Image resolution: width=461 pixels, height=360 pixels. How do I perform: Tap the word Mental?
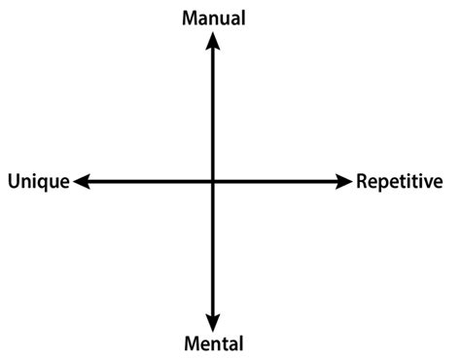coord(213,342)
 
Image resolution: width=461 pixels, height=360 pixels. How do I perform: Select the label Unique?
coord(38,182)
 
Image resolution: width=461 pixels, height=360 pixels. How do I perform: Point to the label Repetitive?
coord(400,181)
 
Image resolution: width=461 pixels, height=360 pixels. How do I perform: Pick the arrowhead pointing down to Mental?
coord(213,322)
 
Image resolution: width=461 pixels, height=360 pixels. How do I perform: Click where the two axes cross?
coord(213,181)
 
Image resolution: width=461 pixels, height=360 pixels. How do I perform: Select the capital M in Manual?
coord(190,18)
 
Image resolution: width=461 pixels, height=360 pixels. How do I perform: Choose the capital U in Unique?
coord(13,182)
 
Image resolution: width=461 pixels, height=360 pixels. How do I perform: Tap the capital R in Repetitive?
coord(362,181)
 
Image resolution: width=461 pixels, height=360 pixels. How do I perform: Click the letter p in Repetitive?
coord(382,184)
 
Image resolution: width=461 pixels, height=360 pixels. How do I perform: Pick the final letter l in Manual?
coord(243,18)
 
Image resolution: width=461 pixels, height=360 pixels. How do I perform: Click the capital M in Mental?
coord(191,342)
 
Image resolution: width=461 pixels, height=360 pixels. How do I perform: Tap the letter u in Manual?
coord(225,18)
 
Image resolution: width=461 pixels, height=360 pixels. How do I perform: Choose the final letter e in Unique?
coord(64,183)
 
